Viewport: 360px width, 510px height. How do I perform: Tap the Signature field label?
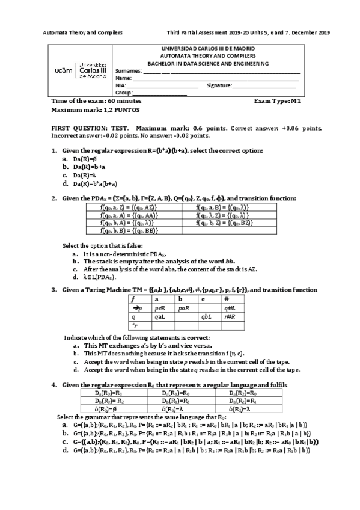click(x=218, y=85)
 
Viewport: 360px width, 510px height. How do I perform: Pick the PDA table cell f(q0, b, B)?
click(x=130, y=230)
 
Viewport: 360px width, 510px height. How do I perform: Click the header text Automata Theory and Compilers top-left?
click(x=84, y=32)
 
